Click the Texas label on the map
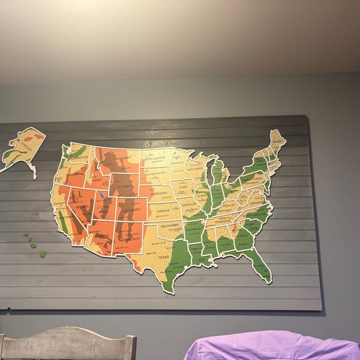pos(164,257)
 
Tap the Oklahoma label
pos(170,226)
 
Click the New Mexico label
pos(128,239)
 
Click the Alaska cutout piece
pos(23,147)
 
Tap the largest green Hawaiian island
pos(43,254)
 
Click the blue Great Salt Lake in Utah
pos(103,195)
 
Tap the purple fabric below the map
pos(270,347)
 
